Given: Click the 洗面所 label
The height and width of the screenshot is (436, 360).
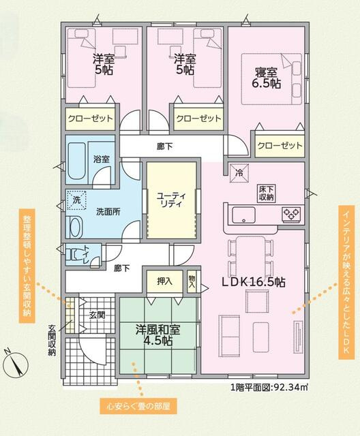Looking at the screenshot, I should pos(108,212).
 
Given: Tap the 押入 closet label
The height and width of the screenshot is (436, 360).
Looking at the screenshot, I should pos(165,280).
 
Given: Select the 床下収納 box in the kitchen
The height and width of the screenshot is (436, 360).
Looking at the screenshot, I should pos(266,193).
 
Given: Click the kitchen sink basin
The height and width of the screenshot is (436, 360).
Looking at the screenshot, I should pos(243,215).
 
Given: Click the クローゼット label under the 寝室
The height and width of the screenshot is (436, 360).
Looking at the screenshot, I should pos(280,146).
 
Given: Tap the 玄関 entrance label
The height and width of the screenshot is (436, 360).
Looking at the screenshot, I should pos(97,315).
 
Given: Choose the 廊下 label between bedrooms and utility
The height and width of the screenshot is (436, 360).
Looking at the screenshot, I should pos(164,146).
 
